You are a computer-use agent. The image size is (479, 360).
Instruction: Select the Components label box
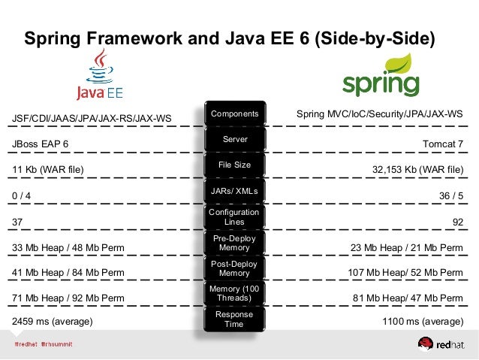pyautogui.click(x=234, y=114)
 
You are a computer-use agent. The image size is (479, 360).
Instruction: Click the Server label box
pyautogui.click(x=234, y=140)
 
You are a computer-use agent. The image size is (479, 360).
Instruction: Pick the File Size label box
pyautogui.click(x=234, y=165)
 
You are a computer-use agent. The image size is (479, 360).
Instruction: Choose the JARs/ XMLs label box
pyautogui.click(x=234, y=192)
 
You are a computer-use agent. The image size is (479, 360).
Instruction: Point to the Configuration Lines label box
pyautogui.click(x=234, y=217)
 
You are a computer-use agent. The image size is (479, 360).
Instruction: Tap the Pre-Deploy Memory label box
pyautogui.click(x=234, y=243)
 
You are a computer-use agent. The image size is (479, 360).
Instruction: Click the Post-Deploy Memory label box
pyautogui.click(x=234, y=268)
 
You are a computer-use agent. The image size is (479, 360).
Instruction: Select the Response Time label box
pyautogui.click(x=234, y=319)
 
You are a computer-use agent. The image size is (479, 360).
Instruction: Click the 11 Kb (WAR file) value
pyautogui.click(x=47, y=170)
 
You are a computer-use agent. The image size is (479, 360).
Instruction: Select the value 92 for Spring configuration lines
pyautogui.click(x=457, y=222)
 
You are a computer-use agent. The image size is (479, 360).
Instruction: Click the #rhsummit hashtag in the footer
pyautogui.click(x=64, y=343)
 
